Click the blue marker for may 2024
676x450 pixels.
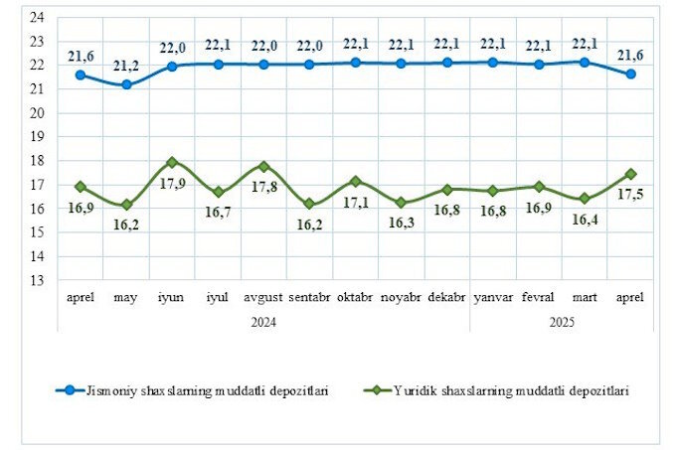(126, 85)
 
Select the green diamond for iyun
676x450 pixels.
(172, 162)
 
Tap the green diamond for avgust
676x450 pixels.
(263, 166)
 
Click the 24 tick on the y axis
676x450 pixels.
(38, 18)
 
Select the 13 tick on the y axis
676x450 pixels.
(38, 280)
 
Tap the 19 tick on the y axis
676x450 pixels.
(38, 137)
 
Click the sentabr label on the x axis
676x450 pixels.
(309, 298)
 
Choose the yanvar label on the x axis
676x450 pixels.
(492, 298)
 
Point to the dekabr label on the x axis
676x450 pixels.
(446, 298)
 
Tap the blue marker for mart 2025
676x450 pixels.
(584, 62)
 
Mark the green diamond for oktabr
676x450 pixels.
(355, 182)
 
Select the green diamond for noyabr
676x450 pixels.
(401, 202)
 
